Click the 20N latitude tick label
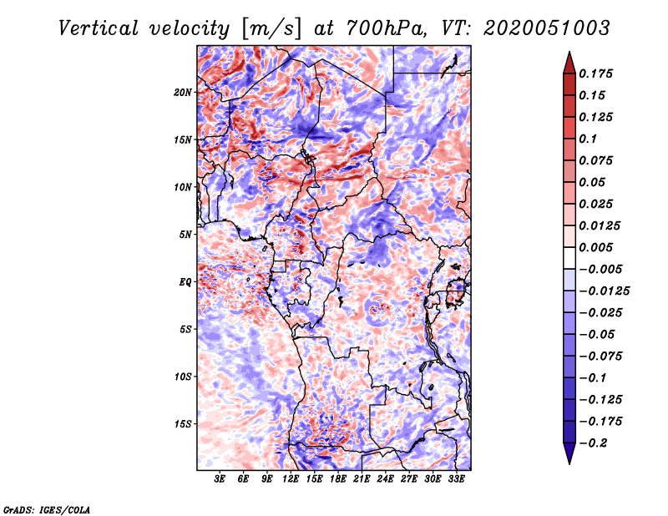tap(183, 93)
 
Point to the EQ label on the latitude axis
tap(185, 282)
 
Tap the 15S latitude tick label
tap(182, 424)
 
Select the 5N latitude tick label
tap(185, 235)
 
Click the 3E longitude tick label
tap(220, 479)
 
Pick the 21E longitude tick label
tap(362, 479)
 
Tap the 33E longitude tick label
tap(456, 479)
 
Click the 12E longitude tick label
tap(290, 479)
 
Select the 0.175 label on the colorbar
tap(596, 73)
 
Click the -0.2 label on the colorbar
tap(593, 443)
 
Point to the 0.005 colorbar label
tap(596, 247)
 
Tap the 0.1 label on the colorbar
tap(589, 139)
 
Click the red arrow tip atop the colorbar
tap(569, 52)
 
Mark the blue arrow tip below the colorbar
tap(569, 463)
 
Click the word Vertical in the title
tap(99, 28)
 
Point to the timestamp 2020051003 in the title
tap(547, 28)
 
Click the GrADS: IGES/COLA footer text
tap(47, 510)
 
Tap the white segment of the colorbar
tap(569, 258)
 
